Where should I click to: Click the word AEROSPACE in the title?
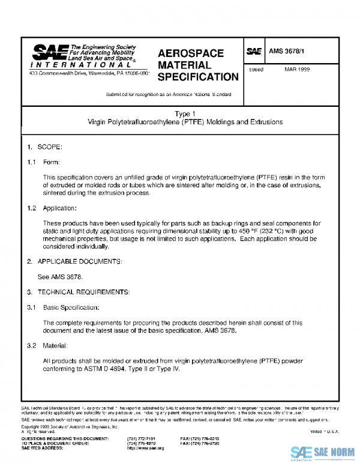pyautogui.click(x=190, y=53)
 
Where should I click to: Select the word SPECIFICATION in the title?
pyautogui.click(x=197, y=77)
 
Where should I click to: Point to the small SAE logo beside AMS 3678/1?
pyautogui.click(x=254, y=52)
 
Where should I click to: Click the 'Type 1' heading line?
pyautogui.click(x=185, y=114)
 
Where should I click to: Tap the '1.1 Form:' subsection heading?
pyautogui.click(x=47, y=162)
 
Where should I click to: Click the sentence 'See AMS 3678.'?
pyautogui.click(x=60, y=277)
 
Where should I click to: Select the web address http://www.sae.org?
pyautogui.click(x=145, y=448)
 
